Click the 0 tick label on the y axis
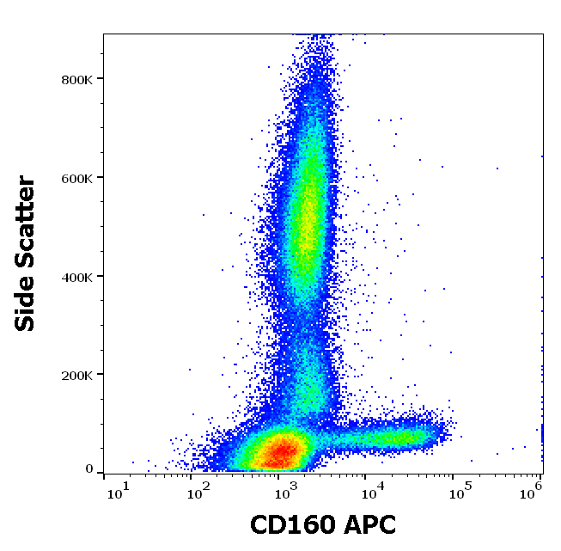88,469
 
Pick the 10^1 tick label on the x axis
119,491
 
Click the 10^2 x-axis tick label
199,491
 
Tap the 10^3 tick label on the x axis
285,491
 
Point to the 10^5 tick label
457,491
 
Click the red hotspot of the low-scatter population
283,450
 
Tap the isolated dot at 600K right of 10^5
497,168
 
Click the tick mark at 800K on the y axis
100,79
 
